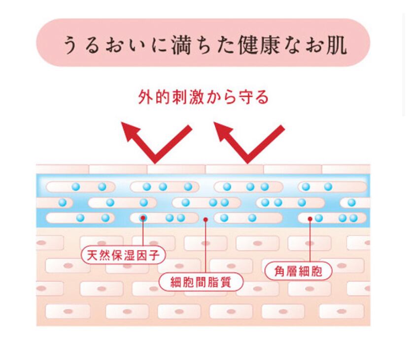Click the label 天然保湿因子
click(x=123, y=255)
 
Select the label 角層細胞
click(x=298, y=271)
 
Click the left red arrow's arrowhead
click(x=132, y=131)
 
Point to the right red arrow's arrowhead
click(x=224, y=131)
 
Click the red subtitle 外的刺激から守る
click(x=203, y=97)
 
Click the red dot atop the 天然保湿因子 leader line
click(x=143, y=217)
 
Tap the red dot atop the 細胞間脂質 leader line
click(x=206, y=219)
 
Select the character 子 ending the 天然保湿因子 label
click(x=158, y=255)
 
